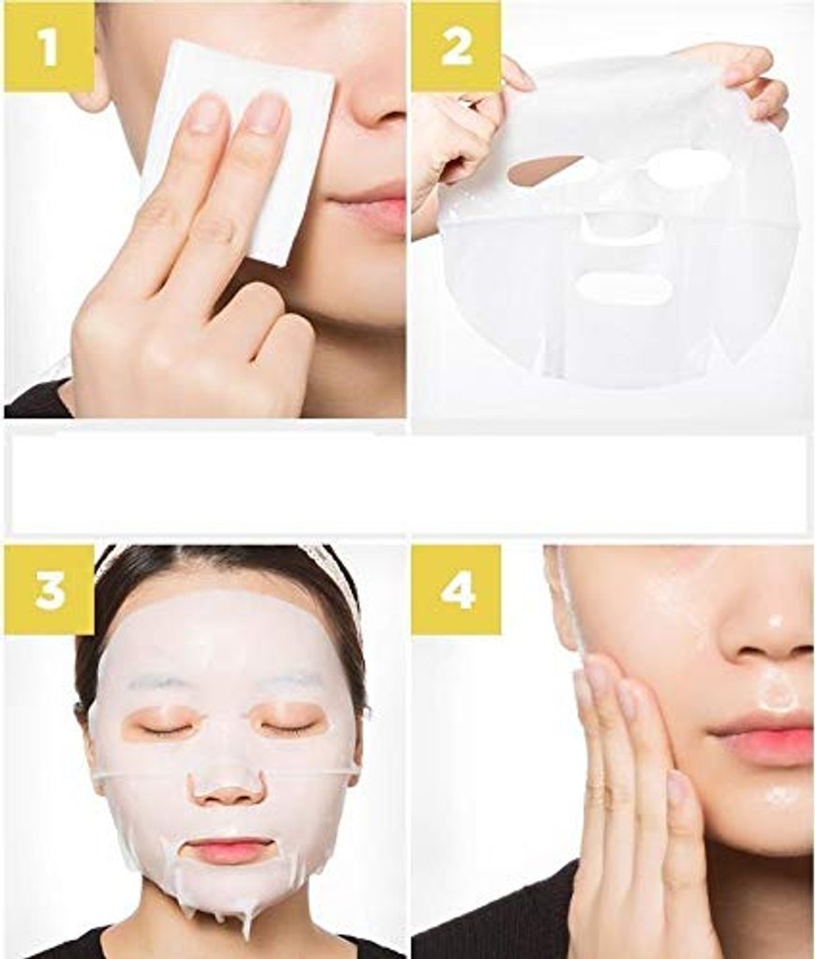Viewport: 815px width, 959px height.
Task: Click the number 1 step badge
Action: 49,47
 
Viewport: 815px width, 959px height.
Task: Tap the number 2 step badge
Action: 456,47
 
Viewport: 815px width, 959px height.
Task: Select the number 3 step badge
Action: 49,589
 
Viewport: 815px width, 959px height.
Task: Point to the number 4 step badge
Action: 456,591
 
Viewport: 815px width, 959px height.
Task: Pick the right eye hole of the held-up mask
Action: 689,169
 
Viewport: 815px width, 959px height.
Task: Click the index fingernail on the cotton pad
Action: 267,112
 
